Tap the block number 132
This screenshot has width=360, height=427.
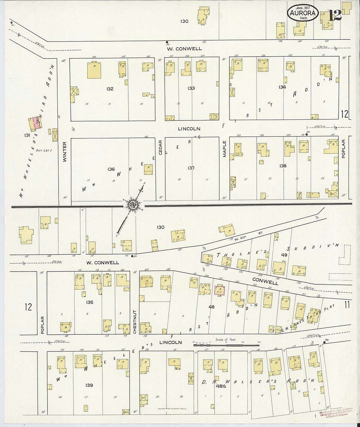[110, 89]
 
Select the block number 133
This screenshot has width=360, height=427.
[191, 88]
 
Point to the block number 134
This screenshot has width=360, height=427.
[282, 87]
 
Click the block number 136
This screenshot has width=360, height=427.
[111, 169]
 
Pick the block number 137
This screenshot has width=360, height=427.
[191, 168]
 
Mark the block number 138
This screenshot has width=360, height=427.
[283, 166]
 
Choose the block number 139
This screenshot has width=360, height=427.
[89, 385]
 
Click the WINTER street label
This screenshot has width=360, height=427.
[64, 151]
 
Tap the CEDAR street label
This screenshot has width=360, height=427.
[160, 149]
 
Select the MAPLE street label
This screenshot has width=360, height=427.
[225, 149]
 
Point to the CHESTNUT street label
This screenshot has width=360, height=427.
[135, 322]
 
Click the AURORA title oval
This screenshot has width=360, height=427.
[303, 14]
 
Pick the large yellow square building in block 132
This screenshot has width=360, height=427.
[94, 70]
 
